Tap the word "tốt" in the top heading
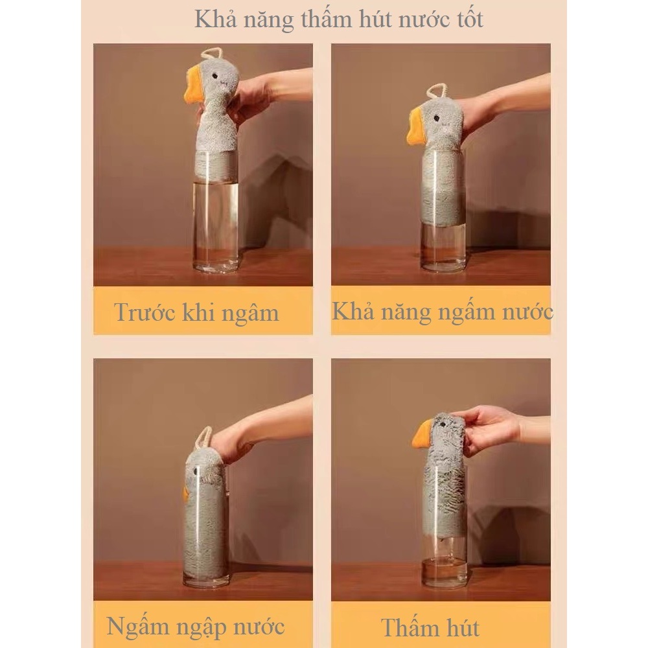coord(470,19)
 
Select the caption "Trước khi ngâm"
coord(197,312)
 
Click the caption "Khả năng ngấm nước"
coord(442,312)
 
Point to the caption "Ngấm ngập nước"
coord(196,627)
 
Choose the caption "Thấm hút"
coord(430,628)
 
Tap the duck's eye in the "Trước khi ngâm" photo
coord(215,76)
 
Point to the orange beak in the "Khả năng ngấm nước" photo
coord(416,126)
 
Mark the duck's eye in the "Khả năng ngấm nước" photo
coord(436,119)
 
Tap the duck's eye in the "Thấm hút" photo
coord(443,424)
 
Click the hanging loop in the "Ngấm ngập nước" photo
coord(203,438)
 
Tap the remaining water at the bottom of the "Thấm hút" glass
coord(445,572)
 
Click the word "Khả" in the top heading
coord(215,19)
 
